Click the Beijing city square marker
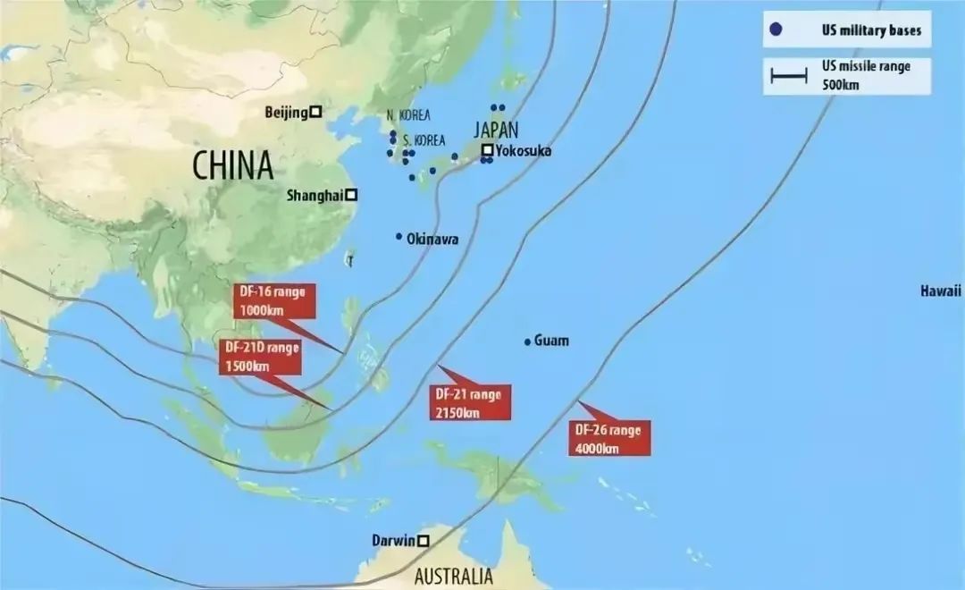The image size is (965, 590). tap(315, 113)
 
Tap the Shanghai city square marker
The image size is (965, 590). tap(352, 195)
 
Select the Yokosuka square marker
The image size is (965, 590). tap(488, 150)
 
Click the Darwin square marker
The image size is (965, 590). tap(423, 540)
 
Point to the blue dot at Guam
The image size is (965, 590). tap(527, 341)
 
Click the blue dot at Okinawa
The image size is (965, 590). tap(399, 237)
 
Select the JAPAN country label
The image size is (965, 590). tap(497, 129)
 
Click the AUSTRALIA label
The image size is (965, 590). tap(453, 575)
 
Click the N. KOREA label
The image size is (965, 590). tap(408, 115)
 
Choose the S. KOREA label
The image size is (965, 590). tap(424, 141)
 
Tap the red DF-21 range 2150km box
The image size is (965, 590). tap(467, 402)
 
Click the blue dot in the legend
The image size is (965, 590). tap(776, 30)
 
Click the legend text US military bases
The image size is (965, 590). tap(858, 30)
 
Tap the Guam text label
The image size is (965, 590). tap(551, 341)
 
